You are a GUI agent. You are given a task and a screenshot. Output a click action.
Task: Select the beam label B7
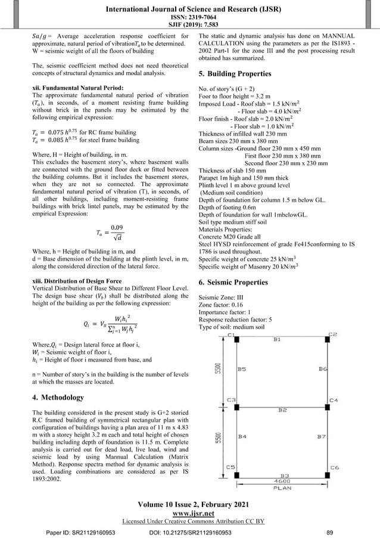point(320,437)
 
